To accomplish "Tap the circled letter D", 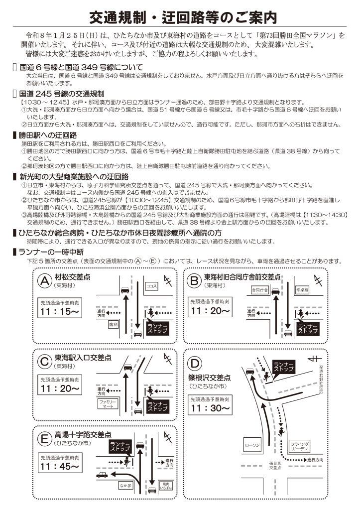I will [x=196, y=363].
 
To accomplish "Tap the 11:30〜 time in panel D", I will [x=210, y=407].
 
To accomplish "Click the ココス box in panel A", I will [x=151, y=286].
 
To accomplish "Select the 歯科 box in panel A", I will [x=113, y=324].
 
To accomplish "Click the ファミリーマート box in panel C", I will [x=107, y=403].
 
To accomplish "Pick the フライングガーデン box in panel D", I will [x=300, y=446].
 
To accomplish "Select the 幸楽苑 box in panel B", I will [x=302, y=289].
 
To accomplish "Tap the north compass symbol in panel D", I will [x=313, y=358].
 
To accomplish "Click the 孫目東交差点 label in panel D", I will [x=275, y=466].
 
